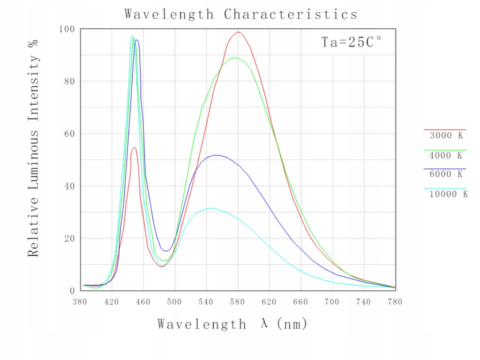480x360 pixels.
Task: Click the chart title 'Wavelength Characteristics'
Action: pyautogui.click(x=241, y=14)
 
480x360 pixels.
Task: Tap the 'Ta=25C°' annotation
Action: pyautogui.click(x=351, y=42)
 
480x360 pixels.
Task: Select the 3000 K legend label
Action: pyautogui.click(x=446, y=136)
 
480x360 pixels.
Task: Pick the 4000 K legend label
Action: pyautogui.click(x=446, y=156)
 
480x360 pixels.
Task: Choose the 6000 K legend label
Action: pyautogui.click(x=446, y=174)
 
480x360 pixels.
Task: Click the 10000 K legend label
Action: pyautogui.click(x=449, y=194)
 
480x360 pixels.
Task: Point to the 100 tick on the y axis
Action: pyautogui.click(x=67, y=29)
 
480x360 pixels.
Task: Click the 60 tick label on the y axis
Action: pyautogui.click(x=69, y=134)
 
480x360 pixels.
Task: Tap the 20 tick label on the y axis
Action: pyautogui.click(x=69, y=239)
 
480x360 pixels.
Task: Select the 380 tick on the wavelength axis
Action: pyautogui.click(x=80, y=302)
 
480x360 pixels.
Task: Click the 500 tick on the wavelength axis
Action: pyautogui.click(x=175, y=302)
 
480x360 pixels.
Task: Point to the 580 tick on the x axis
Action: pyautogui.click(x=238, y=302)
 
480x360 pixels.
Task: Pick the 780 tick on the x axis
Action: pyautogui.click(x=395, y=302)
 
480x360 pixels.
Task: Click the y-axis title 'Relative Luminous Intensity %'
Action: pyautogui.click(x=33, y=148)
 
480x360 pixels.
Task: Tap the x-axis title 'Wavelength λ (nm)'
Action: pyautogui.click(x=232, y=324)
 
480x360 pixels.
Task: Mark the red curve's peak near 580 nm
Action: pyautogui.click(x=238, y=32)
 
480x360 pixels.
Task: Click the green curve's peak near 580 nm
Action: pyautogui.click(x=235, y=58)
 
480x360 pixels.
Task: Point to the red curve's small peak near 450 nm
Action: pyautogui.click(x=134, y=148)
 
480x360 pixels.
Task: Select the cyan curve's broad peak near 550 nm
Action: pyautogui.click(x=213, y=208)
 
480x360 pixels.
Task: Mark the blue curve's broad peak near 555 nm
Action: pyautogui.click(x=217, y=155)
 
